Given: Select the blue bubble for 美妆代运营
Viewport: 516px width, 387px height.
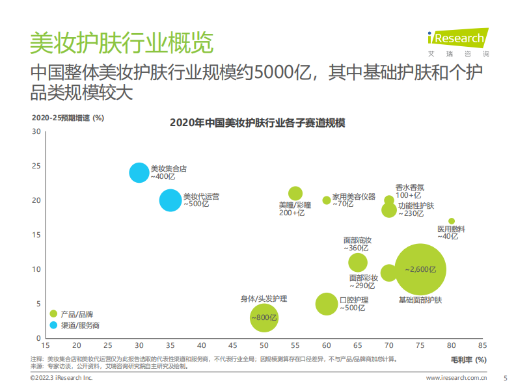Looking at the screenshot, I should (170, 200).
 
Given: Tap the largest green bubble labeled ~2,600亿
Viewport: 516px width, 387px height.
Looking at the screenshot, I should (420, 269).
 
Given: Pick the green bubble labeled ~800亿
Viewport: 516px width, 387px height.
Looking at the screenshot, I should (264, 317).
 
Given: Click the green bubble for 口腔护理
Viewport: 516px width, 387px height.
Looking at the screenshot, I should (327, 304).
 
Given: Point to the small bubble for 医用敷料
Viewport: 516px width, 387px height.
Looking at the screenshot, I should (452, 221).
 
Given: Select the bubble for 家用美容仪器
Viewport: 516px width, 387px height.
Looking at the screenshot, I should (327, 200).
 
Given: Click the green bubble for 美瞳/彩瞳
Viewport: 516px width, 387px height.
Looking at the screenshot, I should (295, 193).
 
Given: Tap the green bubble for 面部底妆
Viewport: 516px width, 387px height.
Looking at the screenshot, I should (358, 262).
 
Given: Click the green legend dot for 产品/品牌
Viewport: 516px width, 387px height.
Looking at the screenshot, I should (53, 314).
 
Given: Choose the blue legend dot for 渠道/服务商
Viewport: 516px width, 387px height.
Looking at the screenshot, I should (53, 325).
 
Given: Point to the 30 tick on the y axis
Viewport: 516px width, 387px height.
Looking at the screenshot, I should (36, 131).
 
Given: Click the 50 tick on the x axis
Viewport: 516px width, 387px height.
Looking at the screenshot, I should (264, 345).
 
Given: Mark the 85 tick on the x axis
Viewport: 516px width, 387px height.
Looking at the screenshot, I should (482, 345).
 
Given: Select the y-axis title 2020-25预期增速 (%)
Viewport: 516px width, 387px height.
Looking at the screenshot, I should (68, 118).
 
